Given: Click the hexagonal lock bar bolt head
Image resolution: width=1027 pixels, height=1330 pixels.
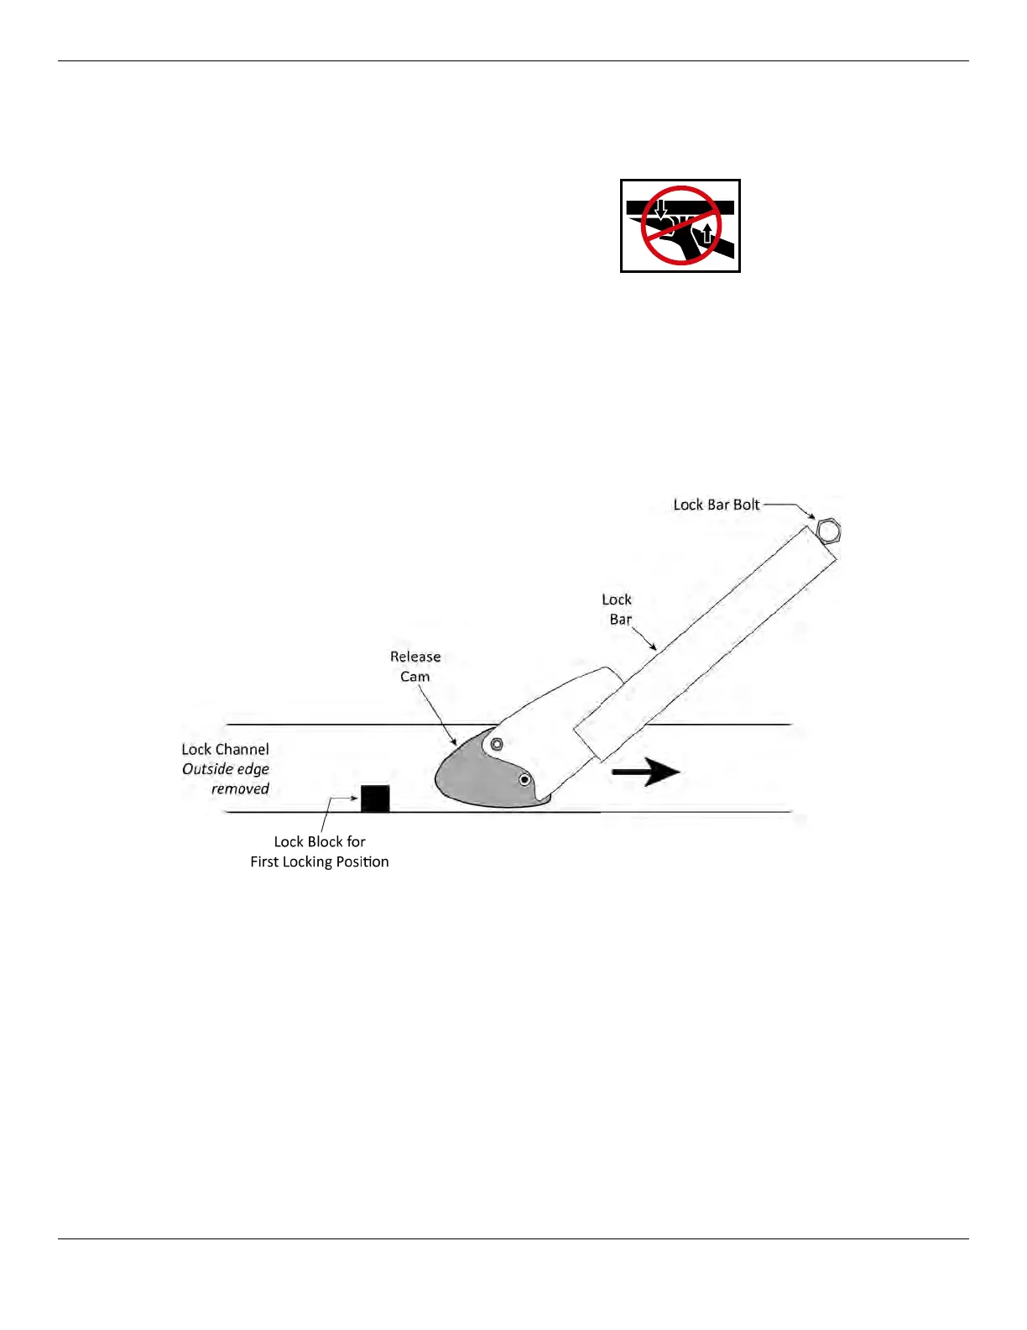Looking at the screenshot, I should click(828, 531).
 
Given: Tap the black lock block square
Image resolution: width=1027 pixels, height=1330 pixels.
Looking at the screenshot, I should click(375, 798).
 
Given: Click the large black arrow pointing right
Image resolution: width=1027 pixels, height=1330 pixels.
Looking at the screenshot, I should click(645, 772).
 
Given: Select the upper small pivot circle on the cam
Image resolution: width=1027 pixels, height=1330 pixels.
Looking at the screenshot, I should click(497, 744).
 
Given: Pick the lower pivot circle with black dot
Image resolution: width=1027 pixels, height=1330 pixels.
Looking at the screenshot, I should click(525, 780).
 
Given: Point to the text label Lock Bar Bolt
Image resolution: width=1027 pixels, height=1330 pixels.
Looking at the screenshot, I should click(716, 505).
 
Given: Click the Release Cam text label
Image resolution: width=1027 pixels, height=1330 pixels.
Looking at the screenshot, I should click(415, 667).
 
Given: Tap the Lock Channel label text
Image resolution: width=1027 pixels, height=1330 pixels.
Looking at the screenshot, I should click(225, 749).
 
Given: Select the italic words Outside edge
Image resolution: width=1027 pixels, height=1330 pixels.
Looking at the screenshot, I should click(226, 769).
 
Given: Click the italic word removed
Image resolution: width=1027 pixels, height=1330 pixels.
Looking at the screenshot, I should click(240, 789).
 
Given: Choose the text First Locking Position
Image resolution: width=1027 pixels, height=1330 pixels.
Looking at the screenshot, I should click(320, 861).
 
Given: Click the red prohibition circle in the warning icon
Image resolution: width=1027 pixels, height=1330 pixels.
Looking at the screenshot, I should click(680, 225).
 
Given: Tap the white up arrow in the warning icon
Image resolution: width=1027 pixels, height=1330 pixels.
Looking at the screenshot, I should click(707, 231).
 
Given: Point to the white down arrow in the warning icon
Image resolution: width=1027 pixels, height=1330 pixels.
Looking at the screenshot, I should click(661, 210).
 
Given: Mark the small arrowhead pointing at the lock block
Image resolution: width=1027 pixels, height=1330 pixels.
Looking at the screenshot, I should click(356, 799).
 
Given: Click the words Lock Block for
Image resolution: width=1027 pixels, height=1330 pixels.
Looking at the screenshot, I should click(320, 841).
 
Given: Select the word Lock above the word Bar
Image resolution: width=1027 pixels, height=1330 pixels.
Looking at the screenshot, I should click(617, 600).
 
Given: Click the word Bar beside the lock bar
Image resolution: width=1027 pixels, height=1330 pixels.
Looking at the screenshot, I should click(621, 620).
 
